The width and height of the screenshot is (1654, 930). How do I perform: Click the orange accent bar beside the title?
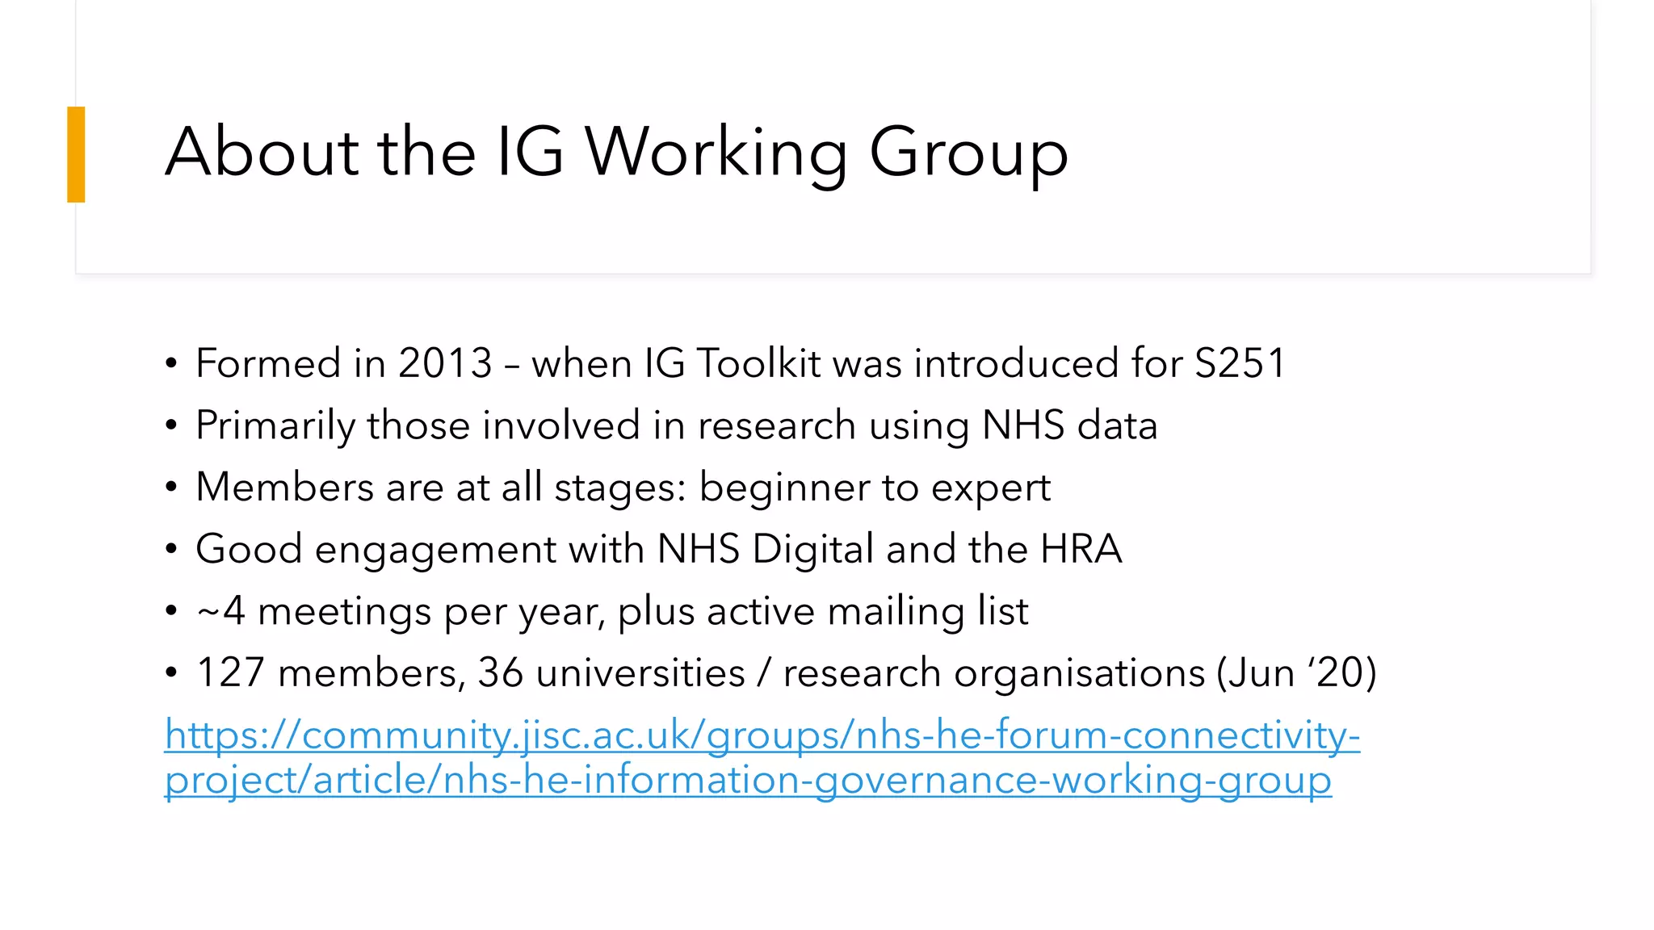click(x=76, y=154)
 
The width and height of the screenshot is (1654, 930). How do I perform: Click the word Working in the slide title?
click(x=716, y=153)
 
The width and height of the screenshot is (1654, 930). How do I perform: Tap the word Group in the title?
click(x=968, y=153)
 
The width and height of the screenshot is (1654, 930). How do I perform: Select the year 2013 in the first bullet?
click(x=445, y=363)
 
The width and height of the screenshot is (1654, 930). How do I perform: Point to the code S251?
click(x=1240, y=363)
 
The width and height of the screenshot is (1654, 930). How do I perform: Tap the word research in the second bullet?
click(x=776, y=425)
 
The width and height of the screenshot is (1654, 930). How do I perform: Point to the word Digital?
click(x=812, y=550)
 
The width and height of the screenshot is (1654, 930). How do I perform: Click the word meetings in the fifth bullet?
click(x=344, y=612)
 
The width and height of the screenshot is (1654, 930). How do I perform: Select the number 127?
click(x=230, y=673)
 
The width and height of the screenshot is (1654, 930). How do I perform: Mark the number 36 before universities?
click(x=500, y=673)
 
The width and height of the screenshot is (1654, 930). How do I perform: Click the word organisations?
click(x=1079, y=673)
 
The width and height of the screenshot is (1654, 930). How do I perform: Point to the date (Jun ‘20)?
click(x=1296, y=673)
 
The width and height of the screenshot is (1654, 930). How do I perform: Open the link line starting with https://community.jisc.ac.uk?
click(x=762, y=735)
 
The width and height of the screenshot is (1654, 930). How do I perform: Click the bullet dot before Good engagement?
click(x=170, y=550)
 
